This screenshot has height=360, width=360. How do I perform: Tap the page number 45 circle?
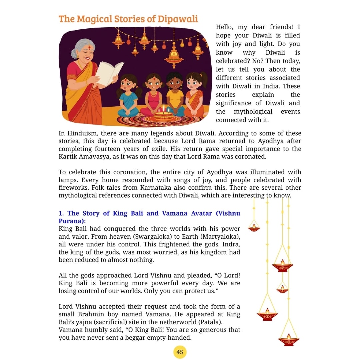pyautogui.click(x=180, y=352)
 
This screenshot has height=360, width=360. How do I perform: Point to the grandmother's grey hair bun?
pyautogui.click(x=74, y=53)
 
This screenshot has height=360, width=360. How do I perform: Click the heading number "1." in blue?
pyautogui.click(x=61, y=213)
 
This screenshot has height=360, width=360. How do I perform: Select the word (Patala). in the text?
pyautogui.click(x=207, y=322)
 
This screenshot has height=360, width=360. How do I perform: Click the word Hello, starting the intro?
pyautogui.click(x=225, y=27)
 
